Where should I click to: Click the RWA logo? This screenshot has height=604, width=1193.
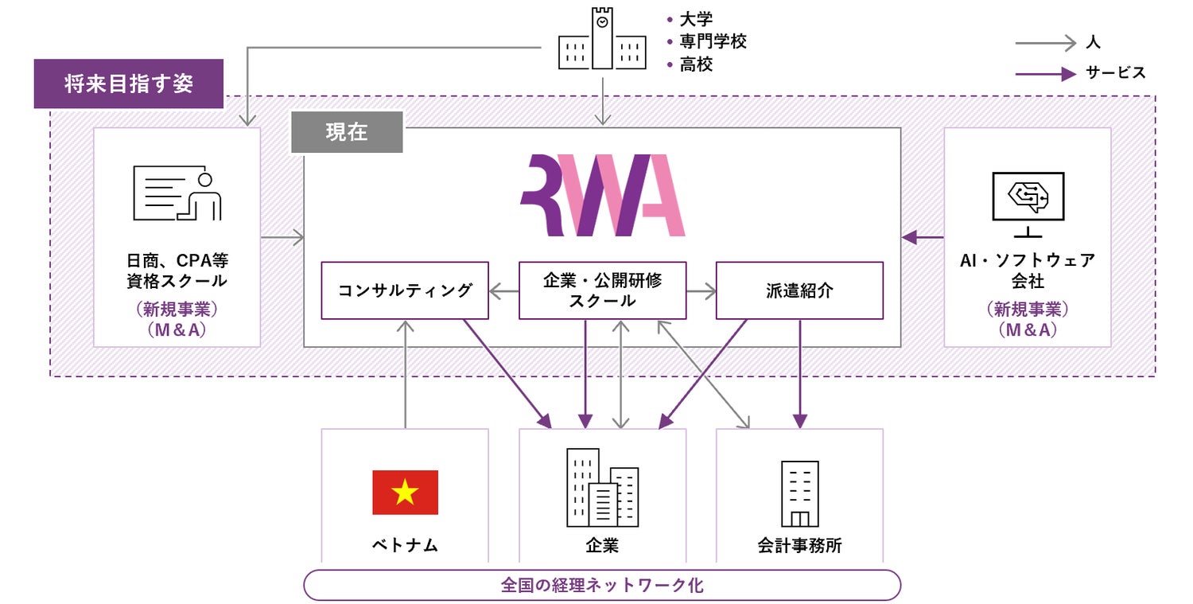point(602,196)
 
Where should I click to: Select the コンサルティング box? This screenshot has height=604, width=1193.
point(405,290)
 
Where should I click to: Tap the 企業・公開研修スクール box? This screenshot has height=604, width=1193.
point(602,290)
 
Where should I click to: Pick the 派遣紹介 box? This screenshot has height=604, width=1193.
point(799,290)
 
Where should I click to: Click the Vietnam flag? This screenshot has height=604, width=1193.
point(405,493)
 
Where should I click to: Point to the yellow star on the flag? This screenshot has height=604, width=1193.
point(405,493)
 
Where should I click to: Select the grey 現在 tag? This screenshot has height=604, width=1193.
point(347,132)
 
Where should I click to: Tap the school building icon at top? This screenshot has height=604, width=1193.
point(601,39)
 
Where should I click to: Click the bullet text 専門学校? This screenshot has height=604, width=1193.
point(713,41)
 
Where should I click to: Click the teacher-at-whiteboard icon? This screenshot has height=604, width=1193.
point(177,193)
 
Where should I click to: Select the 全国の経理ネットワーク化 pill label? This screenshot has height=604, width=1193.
point(602,586)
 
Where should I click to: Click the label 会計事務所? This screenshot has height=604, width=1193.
point(799,546)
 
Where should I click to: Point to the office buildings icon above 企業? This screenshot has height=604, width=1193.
point(602,488)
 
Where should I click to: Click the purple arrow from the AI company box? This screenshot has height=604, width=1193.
point(923,237)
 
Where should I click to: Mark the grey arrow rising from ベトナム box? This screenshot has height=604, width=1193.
point(406,374)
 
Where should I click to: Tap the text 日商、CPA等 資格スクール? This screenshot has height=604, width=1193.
point(177,271)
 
